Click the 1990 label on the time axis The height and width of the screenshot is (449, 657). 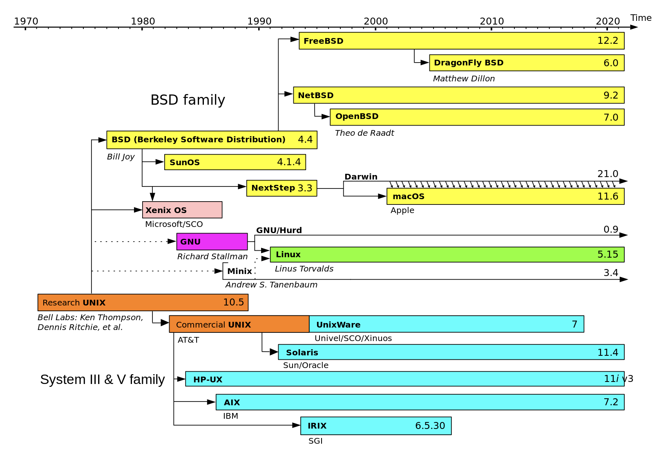point(259,21)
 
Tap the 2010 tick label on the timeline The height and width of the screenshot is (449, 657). point(492,21)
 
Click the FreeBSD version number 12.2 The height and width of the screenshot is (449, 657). point(608,40)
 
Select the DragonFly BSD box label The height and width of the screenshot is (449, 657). point(468,63)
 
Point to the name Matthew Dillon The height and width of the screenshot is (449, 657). point(464,79)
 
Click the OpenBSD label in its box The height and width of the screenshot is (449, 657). point(357,117)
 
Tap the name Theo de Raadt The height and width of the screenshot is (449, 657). point(364,133)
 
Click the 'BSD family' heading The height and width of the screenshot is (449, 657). point(188,100)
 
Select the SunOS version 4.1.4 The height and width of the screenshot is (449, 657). point(289,162)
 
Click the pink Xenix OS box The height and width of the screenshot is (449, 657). point(182,210)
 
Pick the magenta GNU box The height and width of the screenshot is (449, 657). point(212,242)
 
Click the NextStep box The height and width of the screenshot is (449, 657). point(282,188)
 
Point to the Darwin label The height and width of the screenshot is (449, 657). point(361,177)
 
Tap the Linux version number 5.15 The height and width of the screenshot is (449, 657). point(608,254)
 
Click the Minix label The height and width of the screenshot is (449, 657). point(239,271)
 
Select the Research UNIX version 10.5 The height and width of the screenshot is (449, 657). point(233,302)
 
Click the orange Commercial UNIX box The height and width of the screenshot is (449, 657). point(239,324)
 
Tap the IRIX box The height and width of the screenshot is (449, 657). point(376,426)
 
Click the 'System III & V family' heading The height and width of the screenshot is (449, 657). point(103,379)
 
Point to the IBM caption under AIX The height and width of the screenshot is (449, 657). point(230,416)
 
